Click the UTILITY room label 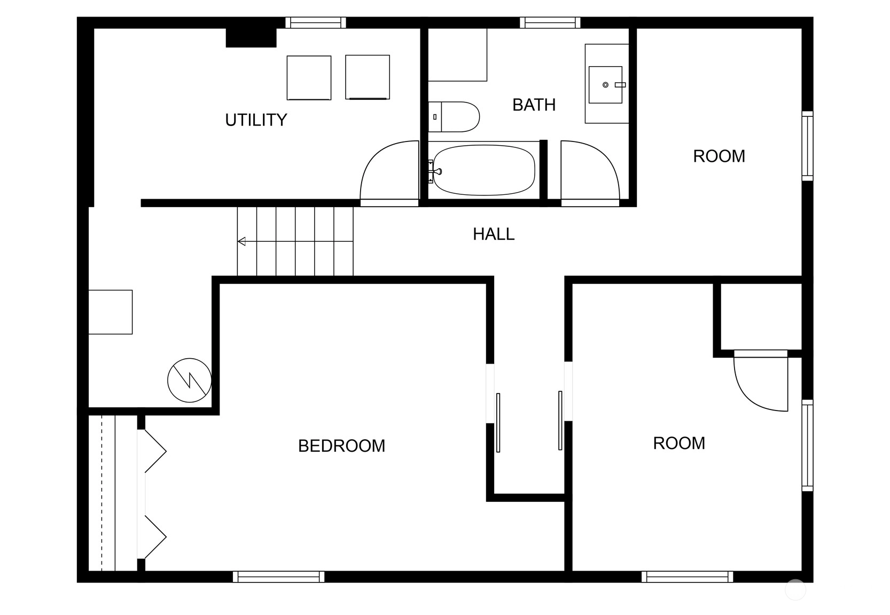pos(256,120)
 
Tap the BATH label pos(534,105)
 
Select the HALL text pos(494,234)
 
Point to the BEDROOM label pos(341,445)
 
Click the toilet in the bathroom pos(454,117)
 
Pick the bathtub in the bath pos(483,170)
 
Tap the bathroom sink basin pos(605,84)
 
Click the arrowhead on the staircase pos(241,241)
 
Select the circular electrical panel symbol pos(189,380)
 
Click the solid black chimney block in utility pos(251,38)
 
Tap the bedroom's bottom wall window pos(278,577)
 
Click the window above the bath pos(550,22)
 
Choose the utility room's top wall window pos(316,22)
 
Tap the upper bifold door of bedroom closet pos(155,451)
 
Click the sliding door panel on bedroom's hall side pos(498,422)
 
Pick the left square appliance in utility pos(309,78)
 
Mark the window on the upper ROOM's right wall pos(807,146)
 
